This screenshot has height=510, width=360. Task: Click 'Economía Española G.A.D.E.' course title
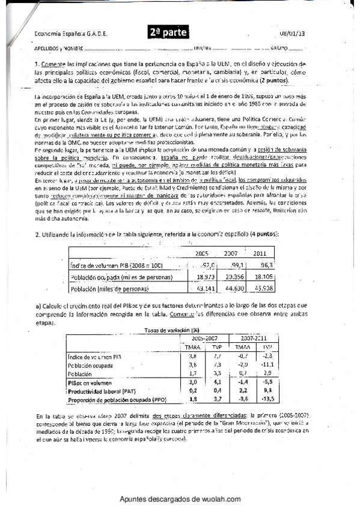pos(71,34)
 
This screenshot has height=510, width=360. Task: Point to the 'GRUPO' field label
pos(281,48)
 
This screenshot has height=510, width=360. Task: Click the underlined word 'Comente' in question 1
pos(52,64)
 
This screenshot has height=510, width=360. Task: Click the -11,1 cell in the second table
pos(267,364)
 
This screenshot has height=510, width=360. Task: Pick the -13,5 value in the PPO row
pos(267,398)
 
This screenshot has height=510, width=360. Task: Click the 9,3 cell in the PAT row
pos(269,390)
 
